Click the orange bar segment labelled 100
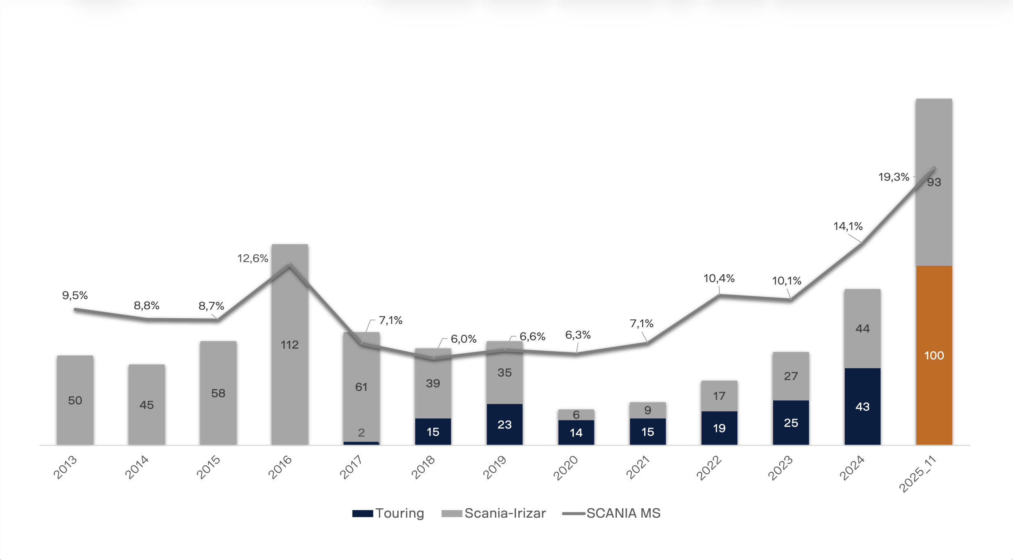934,355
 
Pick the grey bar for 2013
75,400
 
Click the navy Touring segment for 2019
504,424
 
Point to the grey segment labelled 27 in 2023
791,376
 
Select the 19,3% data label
893,177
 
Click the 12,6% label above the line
252,258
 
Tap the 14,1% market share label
848,226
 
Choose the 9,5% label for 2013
75,295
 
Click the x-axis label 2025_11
917,474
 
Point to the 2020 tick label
565,468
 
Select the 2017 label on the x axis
351,468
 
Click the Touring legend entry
388,513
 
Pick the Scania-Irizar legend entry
493,513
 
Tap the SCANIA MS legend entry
611,513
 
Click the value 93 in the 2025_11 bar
934,182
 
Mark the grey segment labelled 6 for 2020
576,414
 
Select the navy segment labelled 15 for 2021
647,431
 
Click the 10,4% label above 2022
719,278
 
